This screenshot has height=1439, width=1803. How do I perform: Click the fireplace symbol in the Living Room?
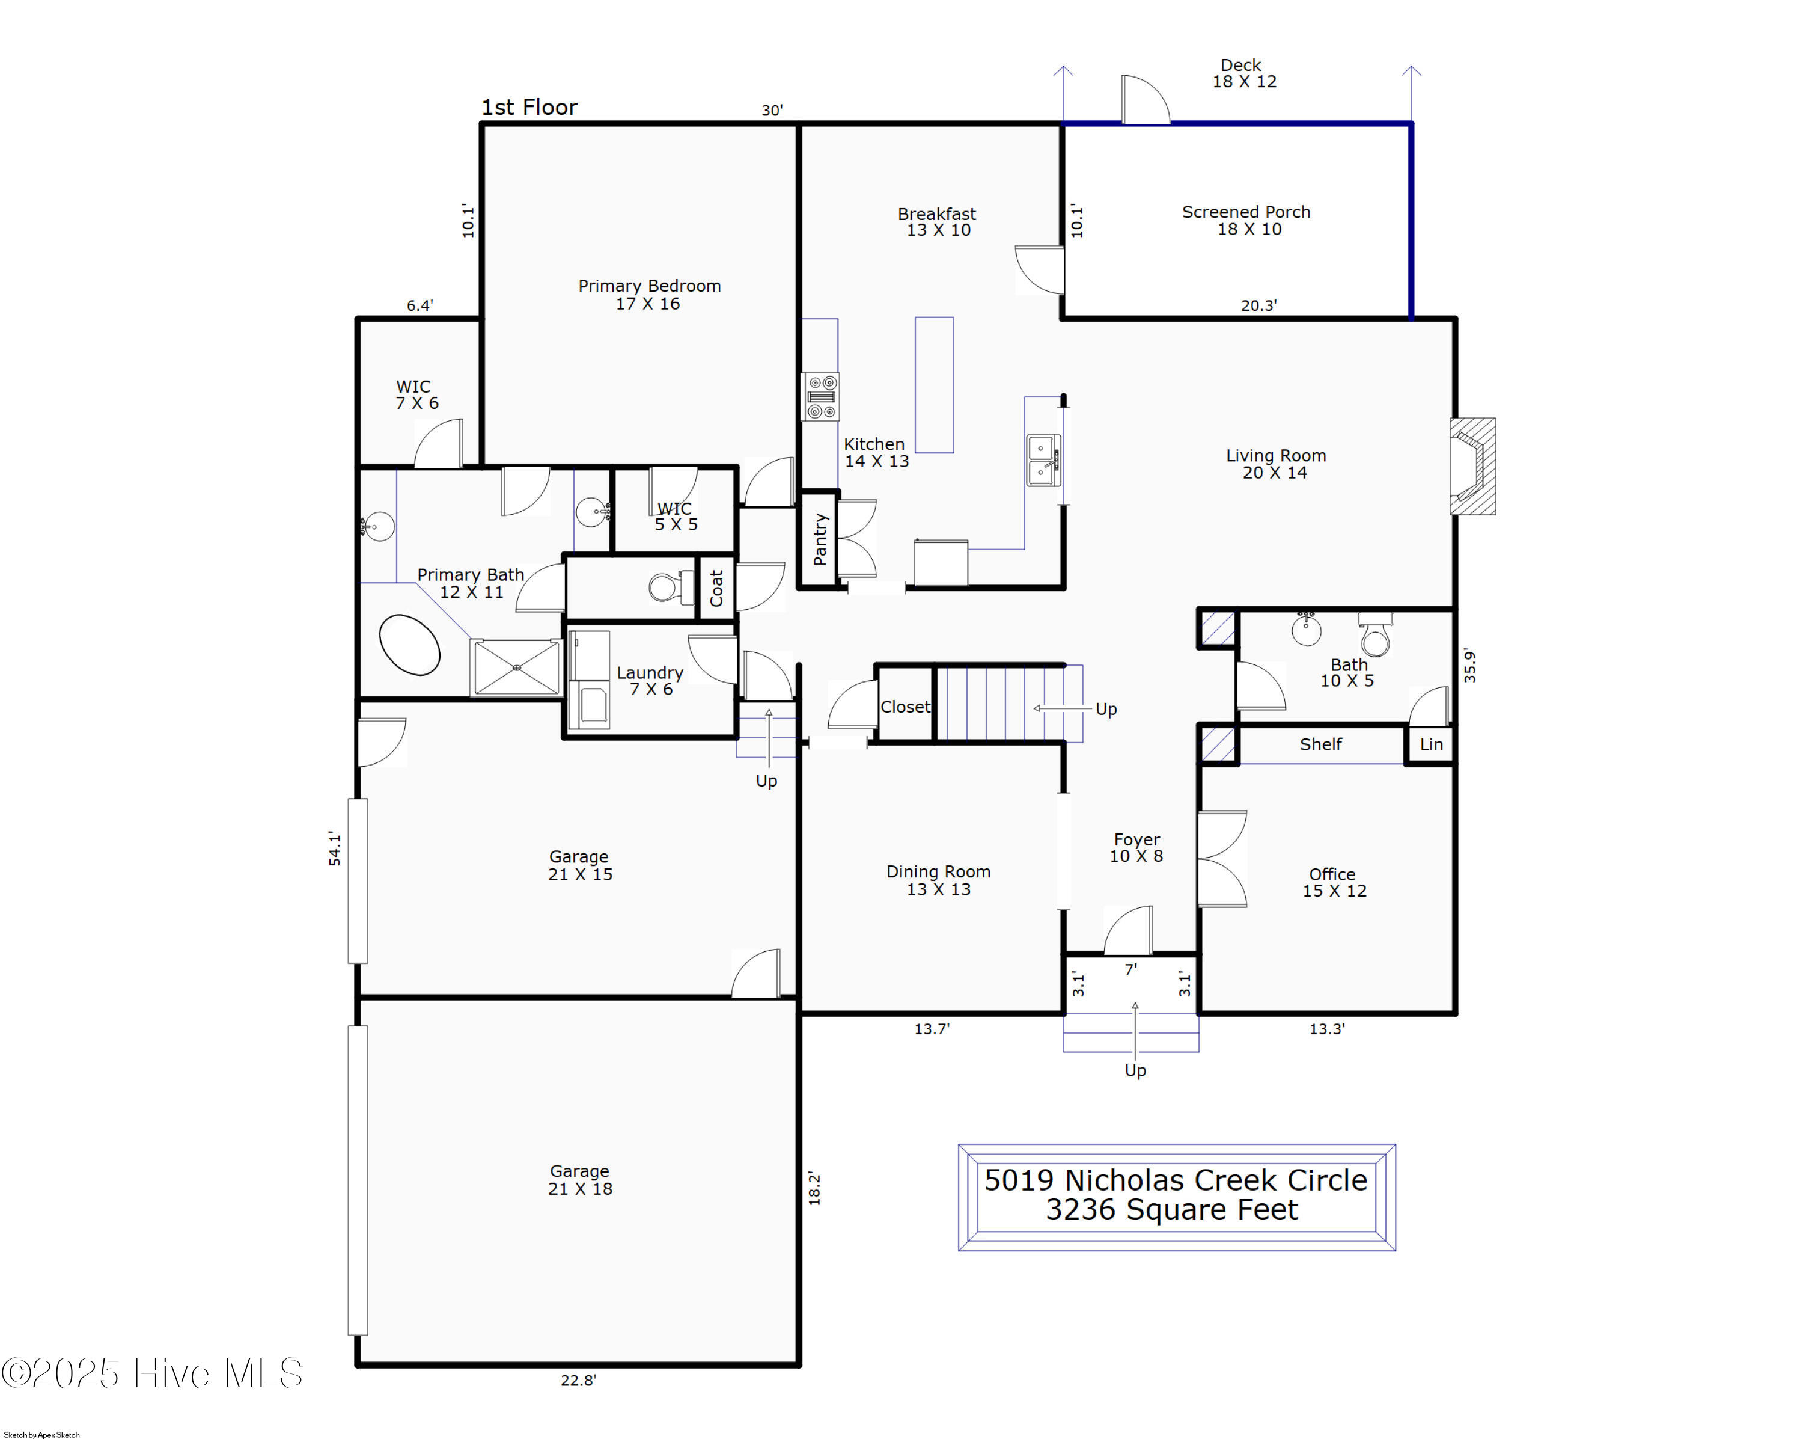[x=1472, y=466]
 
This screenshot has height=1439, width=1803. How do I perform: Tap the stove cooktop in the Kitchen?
[x=820, y=396]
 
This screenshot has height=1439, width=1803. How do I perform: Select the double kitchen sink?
[x=1043, y=459]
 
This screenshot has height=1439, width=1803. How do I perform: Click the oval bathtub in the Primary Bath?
[x=410, y=644]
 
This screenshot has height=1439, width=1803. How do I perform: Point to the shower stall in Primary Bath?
[x=516, y=667]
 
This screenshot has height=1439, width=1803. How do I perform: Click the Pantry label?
[x=820, y=539]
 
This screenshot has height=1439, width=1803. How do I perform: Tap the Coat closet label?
[x=716, y=588]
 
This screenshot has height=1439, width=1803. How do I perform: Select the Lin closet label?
[x=1431, y=744]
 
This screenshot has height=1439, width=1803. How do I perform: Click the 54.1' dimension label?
[x=335, y=848]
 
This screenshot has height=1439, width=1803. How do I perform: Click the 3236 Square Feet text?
[x=1171, y=1210]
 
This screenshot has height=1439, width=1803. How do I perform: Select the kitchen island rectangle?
[x=933, y=385]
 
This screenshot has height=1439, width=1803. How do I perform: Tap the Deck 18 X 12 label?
[x=1243, y=73]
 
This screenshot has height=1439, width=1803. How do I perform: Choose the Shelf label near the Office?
[x=1320, y=744]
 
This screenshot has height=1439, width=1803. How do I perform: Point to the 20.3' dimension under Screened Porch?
[x=1258, y=306]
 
